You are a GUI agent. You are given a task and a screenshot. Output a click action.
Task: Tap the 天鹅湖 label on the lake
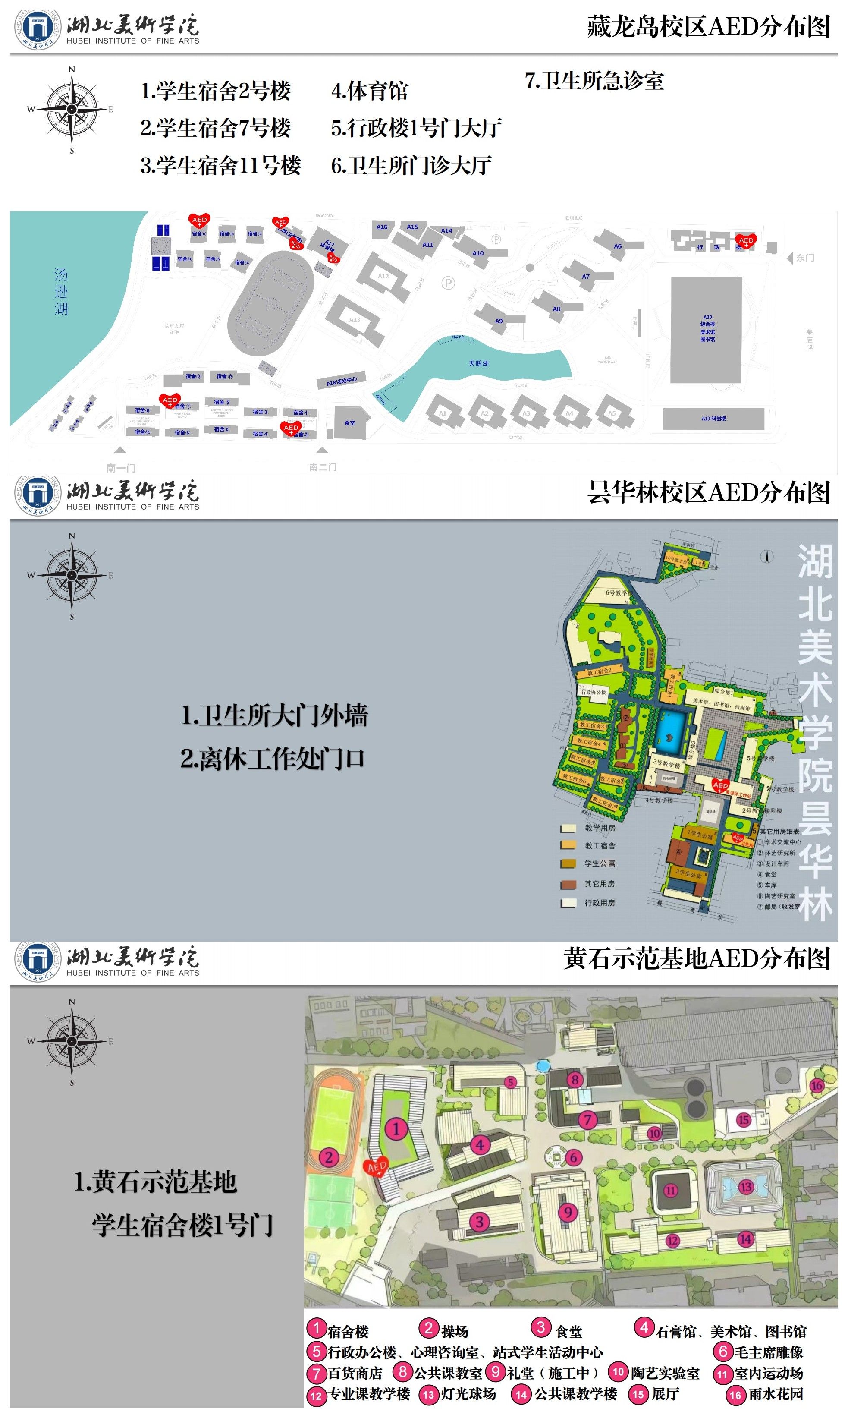point(478,363)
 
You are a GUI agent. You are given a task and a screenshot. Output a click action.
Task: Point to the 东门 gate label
point(805,258)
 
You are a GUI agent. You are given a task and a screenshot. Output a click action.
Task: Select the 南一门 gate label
point(121,467)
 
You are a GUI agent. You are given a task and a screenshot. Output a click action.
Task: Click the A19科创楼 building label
point(713,419)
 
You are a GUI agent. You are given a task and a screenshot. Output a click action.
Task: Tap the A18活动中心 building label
point(342,381)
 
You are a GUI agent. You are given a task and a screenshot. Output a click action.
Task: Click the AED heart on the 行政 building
point(746,241)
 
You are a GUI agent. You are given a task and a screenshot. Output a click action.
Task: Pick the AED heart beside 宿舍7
point(170,400)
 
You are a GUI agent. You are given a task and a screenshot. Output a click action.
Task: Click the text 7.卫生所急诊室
point(594,81)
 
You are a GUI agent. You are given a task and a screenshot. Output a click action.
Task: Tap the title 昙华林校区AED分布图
point(709,492)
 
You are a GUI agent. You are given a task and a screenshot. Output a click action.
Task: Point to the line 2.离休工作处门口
point(273,759)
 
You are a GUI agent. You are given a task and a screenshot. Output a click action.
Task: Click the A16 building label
point(382,227)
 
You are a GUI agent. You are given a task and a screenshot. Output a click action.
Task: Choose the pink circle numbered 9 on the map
point(568,1212)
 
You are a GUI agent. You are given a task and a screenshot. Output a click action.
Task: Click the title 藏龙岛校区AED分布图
point(709,26)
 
